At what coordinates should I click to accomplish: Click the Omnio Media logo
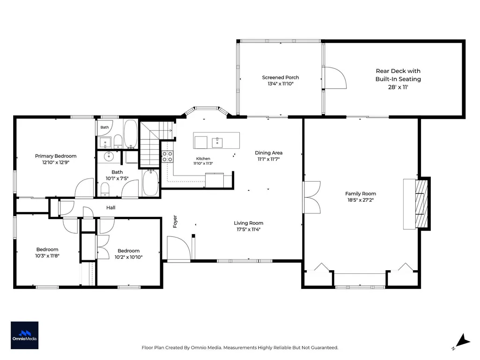point(24,335)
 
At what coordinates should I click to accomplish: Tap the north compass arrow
point(463,341)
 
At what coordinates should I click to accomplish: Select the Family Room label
point(360,193)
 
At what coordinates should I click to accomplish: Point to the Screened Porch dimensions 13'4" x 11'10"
point(281,84)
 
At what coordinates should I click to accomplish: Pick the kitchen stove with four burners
point(167,156)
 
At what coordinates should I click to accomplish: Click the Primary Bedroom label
point(56,156)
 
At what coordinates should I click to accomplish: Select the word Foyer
point(175,221)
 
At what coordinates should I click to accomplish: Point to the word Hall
point(111,207)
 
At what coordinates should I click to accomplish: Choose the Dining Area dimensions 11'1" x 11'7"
point(268,159)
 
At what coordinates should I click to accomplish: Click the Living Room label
point(248,223)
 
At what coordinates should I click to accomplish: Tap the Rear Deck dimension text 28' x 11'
point(398,87)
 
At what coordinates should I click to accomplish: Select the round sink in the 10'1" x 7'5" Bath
point(109,156)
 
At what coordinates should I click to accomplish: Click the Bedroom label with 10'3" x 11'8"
point(47,250)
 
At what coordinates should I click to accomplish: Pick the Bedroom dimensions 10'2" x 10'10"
point(129,257)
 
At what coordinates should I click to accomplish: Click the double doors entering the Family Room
point(312,198)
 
